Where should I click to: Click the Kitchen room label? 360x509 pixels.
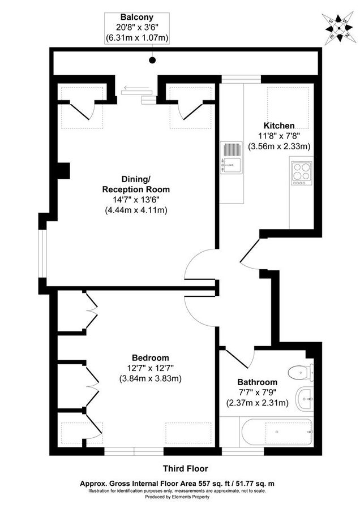(x=278, y=125)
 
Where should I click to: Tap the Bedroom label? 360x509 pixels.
(x=150, y=357)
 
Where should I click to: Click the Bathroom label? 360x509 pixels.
(x=257, y=382)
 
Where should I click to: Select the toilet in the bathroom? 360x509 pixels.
(x=301, y=372)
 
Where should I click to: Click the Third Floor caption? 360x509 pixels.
(x=185, y=468)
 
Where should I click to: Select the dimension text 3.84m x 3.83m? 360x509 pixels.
(x=150, y=378)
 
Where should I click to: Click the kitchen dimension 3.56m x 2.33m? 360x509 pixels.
(x=278, y=146)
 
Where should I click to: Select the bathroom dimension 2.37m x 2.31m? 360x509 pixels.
(x=257, y=403)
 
